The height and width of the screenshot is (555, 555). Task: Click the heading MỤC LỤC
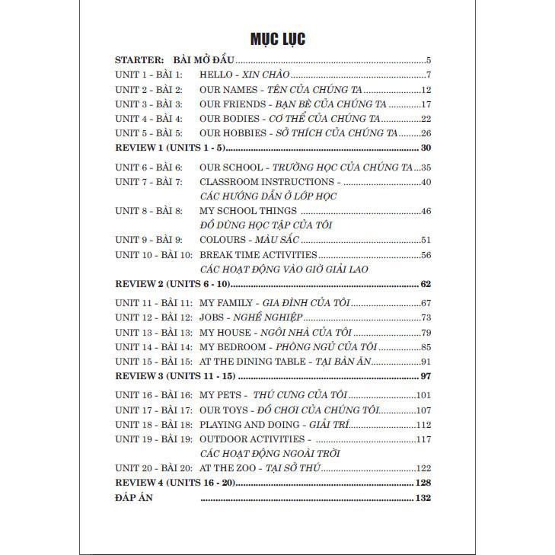pos(278,39)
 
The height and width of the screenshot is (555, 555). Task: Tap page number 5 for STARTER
pos(429,60)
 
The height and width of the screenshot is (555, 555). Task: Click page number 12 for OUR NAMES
pos(426,89)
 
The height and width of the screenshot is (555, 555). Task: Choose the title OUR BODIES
pos(228,118)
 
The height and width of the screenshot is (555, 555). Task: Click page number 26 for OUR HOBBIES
pos(426,132)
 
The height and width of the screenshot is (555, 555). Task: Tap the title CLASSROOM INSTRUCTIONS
pos(266,182)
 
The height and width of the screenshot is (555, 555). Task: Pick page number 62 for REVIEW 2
pos(426,284)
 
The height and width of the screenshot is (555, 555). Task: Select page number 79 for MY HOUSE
pos(426,332)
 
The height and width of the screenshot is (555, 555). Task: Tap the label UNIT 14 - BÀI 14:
pos(153,346)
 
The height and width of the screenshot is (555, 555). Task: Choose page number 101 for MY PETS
pos(423,394)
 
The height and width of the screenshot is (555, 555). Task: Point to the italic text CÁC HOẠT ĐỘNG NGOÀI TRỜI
pos(270,453)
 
